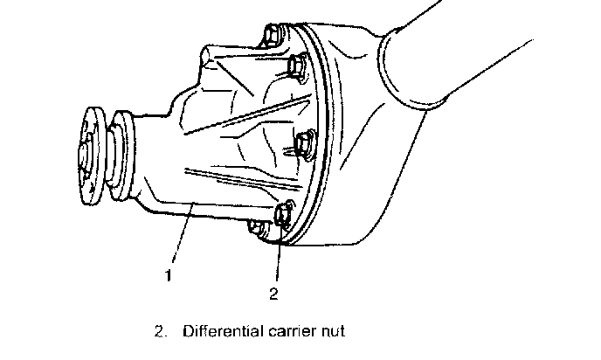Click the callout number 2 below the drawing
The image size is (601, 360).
point(273,294)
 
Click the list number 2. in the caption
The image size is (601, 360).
point(160,333)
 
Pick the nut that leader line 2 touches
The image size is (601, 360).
point(284,214)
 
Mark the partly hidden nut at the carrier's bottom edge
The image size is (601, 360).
point(257,228)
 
